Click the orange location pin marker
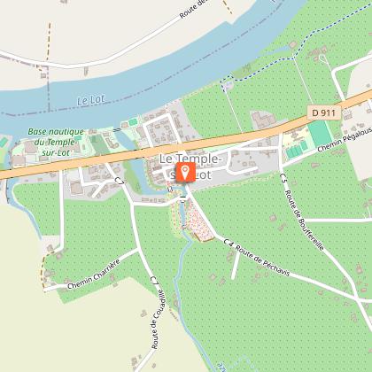pos(185,171)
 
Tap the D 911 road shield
pos(325,112)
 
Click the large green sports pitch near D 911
pos(318,135)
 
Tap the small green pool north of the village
pos(133,121)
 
